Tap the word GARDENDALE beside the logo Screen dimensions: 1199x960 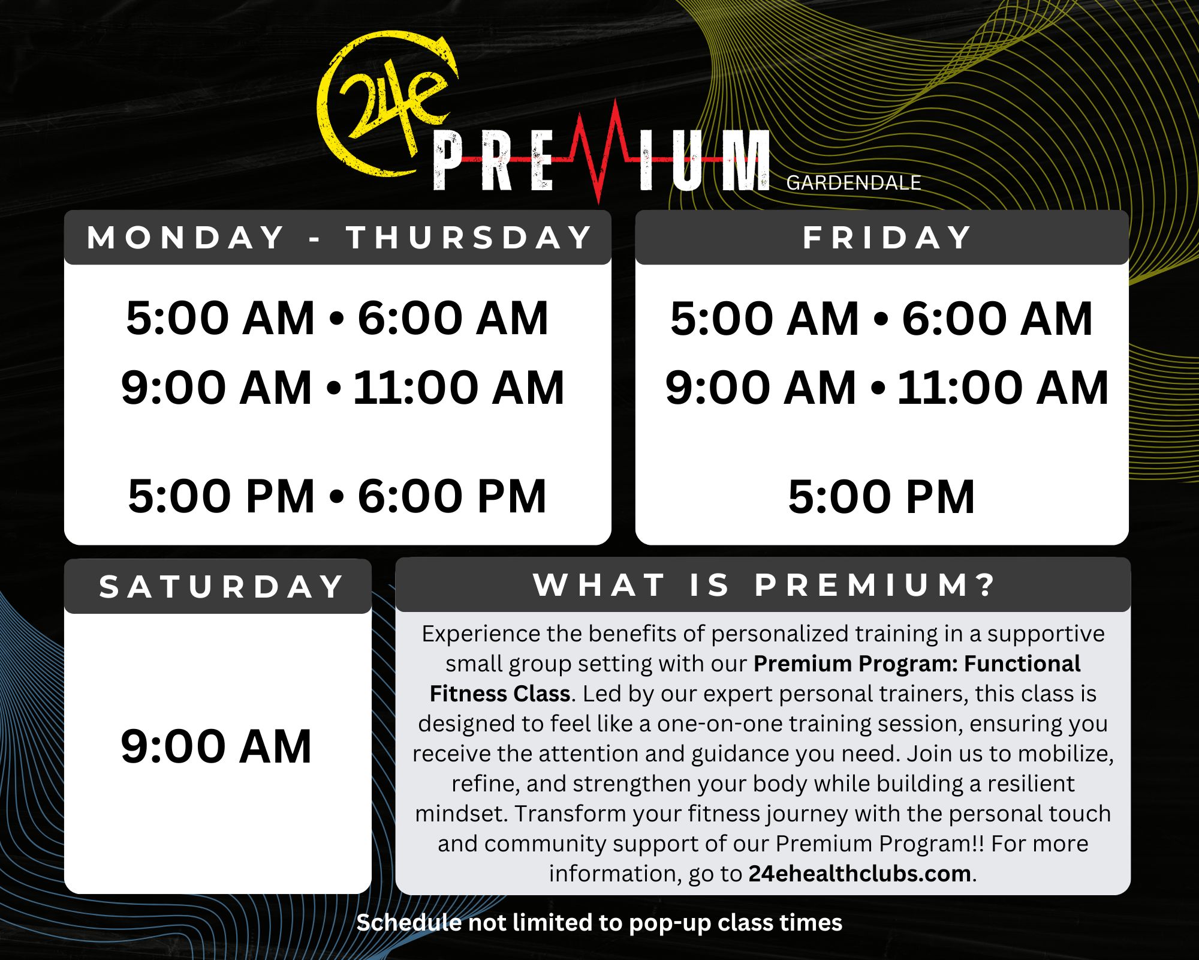(x=853, y=182)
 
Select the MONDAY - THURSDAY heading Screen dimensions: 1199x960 (x=339, y=237)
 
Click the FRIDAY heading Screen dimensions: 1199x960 (x=887, y=237)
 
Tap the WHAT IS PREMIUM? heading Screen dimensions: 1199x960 (x=764, y=584)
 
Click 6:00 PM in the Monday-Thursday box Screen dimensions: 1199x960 (x=452, y=496)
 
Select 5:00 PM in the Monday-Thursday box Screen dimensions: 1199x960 (x=221, y=496)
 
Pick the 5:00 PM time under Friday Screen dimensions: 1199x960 (x=881, y=497)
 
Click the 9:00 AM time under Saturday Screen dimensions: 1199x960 (x=216, y=746)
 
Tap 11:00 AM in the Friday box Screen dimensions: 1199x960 (x=1002, y=388)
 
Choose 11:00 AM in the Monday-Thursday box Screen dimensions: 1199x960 (x=459, y=388)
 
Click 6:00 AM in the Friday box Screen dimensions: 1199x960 (x=997, y=318)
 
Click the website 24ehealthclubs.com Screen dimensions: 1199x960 (x=860, y=874)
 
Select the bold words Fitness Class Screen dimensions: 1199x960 (x=500, y=694)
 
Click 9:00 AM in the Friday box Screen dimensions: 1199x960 (x=761, y=388)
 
